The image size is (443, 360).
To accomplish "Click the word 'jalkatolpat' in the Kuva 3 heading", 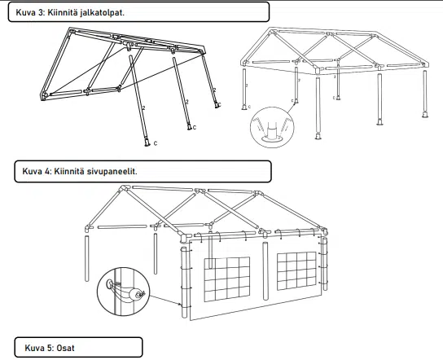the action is [x=102, y=13].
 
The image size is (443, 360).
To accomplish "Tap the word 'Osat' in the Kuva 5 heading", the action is [x=65, y=348].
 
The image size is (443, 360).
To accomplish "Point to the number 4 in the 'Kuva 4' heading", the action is [x=47, y=171].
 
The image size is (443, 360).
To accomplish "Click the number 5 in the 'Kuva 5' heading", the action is [x=50, y=348].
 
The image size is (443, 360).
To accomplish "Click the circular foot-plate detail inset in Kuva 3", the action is [x=272, y=127].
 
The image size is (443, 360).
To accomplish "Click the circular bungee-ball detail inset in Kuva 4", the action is [x=123, y=292].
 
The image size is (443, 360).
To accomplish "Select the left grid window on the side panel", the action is [x=227, y=279].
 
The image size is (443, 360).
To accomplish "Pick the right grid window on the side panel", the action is [x=296, y=270].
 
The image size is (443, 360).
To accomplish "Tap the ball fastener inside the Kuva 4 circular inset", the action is [x=135, y=295].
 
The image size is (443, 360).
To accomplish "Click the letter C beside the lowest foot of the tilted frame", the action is [x=156, y=143].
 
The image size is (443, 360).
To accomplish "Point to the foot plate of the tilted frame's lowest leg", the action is [x=147, y=143].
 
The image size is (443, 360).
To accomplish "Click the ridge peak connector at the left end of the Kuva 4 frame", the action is [x=124, y=188].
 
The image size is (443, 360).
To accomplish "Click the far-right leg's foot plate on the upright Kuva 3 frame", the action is [x=425, y=115].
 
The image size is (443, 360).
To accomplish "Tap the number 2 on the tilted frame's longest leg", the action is [x=144, y=108].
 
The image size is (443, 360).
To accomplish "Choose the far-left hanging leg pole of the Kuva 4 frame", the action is [x=87, y=258].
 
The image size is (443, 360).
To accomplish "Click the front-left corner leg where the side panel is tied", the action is [x=184, y=282].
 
